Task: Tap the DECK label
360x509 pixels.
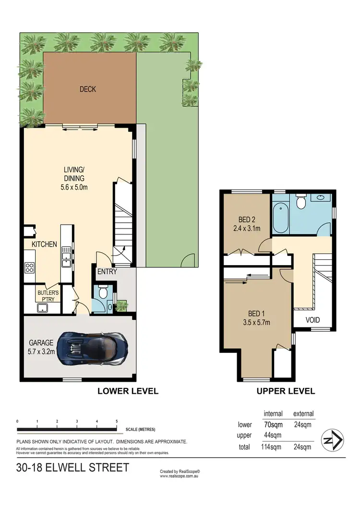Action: coord(88,89)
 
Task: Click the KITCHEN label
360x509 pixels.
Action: coord(44,244)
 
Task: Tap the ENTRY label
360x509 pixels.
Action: coord(107,272)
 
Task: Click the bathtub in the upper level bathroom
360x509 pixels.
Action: coord(280,218)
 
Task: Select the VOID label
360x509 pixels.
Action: coord(312,320)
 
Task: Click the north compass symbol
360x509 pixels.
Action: coord(332,440)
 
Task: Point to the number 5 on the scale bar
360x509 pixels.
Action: coord(117,421)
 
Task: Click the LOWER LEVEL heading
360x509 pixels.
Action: coord(128,391)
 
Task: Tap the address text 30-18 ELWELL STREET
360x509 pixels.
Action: coord(72,467)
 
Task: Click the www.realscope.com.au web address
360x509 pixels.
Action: coord(180,476)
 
